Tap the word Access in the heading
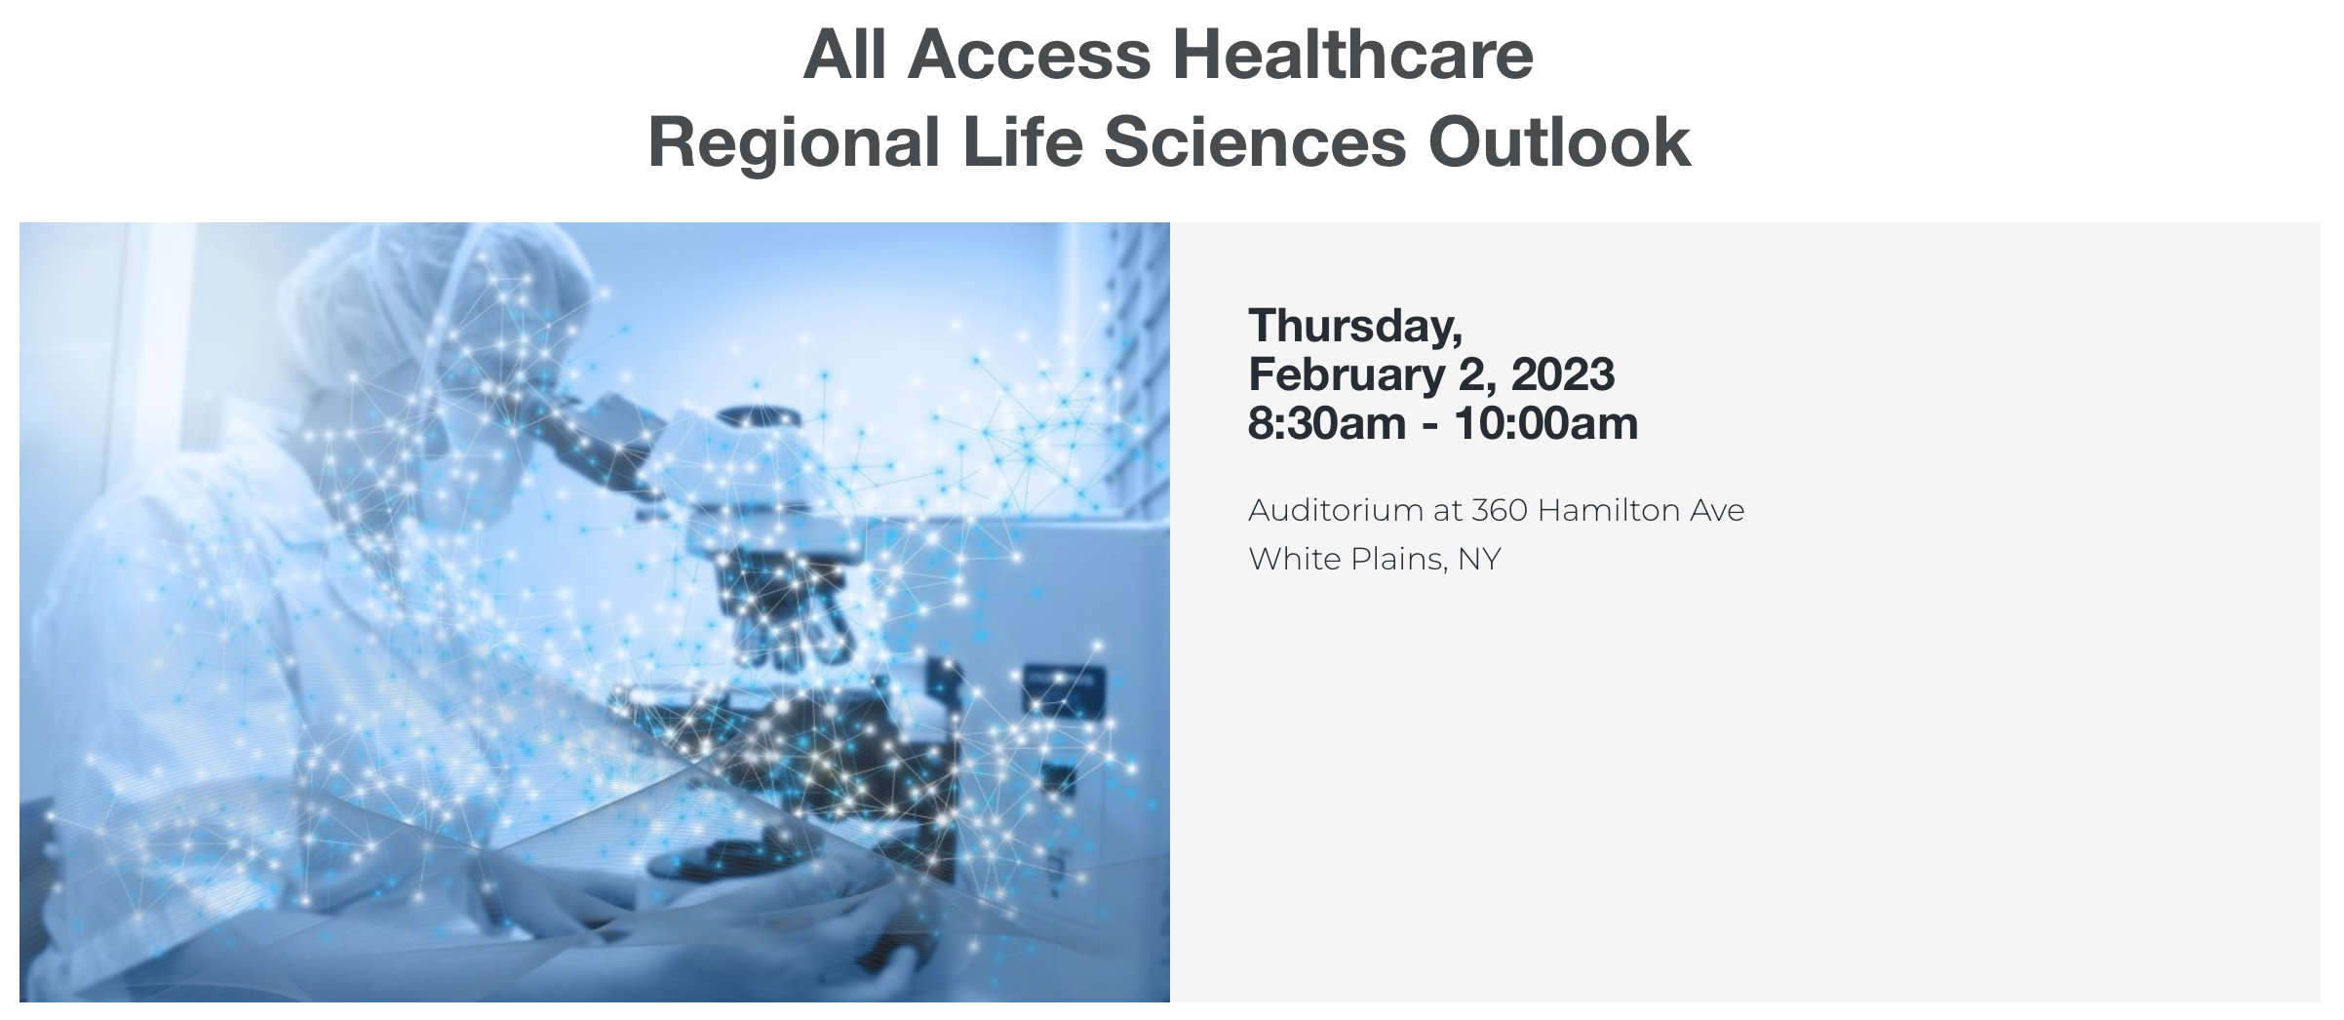coord(1030,55)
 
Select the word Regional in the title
coord(794,143)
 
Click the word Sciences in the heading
coord(1255,141)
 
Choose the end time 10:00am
coord(1546,423)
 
